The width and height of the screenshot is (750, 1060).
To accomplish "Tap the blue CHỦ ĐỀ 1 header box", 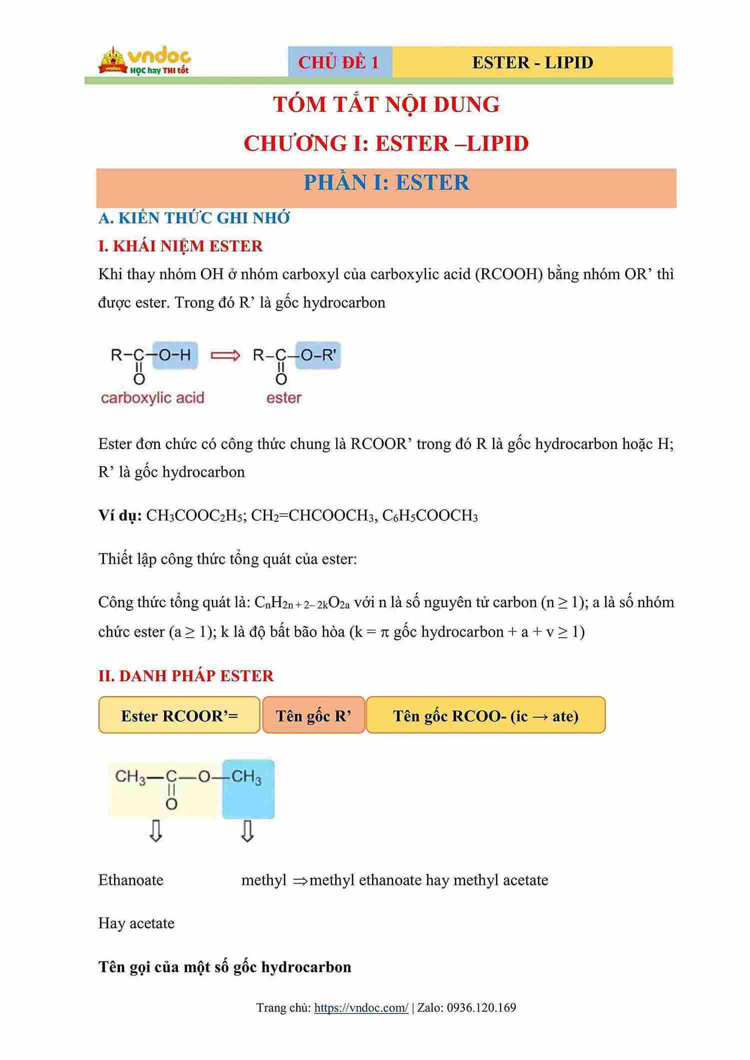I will (339, 62).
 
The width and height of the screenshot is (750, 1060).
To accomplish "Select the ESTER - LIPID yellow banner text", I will (532, 62).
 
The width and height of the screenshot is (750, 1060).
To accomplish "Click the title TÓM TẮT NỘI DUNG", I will (386, 104).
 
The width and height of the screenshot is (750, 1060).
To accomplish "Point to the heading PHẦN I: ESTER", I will (386, 183).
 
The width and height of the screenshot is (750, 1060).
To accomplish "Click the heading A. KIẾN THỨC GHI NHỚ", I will (194, 218).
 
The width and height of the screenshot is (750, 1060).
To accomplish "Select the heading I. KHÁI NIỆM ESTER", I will (180, 246).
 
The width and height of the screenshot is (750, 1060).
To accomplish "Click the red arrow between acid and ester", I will (225, 355).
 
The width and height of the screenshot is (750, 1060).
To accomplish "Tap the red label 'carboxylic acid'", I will (152, 398).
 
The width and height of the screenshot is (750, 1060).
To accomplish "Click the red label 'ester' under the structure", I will (284, 398).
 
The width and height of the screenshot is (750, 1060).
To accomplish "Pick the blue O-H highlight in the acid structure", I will (175, 355).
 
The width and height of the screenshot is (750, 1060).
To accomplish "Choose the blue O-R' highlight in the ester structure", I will (318, 355).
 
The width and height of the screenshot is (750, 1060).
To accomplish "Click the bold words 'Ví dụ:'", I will (120, 515).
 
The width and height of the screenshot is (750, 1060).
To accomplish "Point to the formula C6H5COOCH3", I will (430, 515).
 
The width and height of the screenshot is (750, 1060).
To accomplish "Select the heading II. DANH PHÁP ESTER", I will (186, 676).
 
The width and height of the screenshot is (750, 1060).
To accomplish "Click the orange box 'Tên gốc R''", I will (313, 716).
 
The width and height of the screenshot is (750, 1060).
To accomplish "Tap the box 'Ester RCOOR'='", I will (179, 716).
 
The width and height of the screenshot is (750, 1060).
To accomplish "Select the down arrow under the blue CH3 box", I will (247, 832).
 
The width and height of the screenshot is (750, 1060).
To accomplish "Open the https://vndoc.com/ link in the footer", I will (361, 1008).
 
